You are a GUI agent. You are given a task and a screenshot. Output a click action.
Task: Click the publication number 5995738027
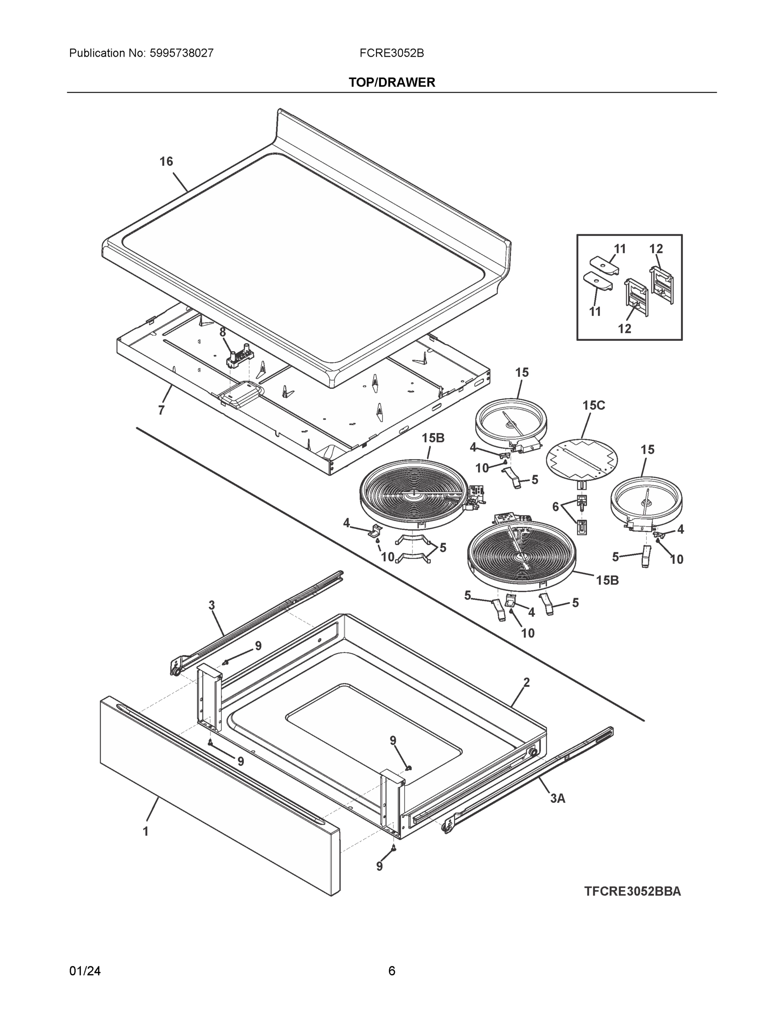(x=181, y=53)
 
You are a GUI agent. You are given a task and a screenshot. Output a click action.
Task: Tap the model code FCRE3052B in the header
(x=391, y=53)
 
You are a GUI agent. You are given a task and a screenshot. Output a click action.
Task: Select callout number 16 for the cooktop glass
(x=166, y=161)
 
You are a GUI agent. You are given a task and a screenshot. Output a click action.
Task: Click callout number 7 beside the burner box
(x=161, y=410)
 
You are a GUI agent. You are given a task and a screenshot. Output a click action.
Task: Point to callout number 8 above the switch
(x=222, y=332)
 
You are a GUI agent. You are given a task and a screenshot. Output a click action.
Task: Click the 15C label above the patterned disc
(x=593, y=405)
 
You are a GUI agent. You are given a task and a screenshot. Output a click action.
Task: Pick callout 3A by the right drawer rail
(x=557, y=798)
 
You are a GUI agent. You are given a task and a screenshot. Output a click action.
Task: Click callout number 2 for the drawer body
(x=526, y=683)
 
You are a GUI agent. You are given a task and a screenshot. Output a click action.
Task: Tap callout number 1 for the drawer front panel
(x=146, y=831)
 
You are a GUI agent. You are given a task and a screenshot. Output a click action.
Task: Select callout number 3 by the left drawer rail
(x=212, y=606)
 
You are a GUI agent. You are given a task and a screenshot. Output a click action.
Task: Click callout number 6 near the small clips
(x=555, y=507)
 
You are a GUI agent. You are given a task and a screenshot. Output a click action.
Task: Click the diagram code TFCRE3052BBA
(x=632, y=892)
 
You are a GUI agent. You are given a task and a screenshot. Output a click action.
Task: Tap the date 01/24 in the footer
(x=85, y=971)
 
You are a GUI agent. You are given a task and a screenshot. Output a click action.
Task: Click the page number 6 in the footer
(x=391, y=971)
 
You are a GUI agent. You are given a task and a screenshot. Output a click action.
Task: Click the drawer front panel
(x=218, y=795)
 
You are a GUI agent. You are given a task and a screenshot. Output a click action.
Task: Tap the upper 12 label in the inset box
(x=656, y=249)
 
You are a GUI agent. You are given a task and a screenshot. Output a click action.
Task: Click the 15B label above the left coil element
(x=433, y=438)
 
